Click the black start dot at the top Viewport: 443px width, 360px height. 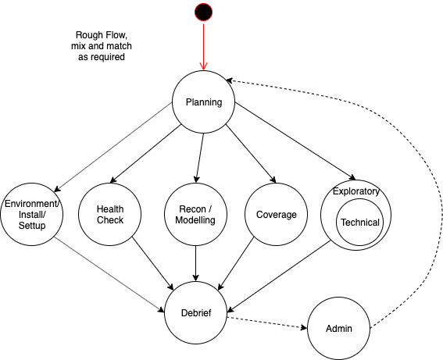pos(203,12)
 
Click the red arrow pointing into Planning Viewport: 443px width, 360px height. pos(203,47)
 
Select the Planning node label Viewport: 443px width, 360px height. pos(204,102)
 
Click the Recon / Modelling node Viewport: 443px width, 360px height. pos(195,214)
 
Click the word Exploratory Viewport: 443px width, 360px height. pos(356,191)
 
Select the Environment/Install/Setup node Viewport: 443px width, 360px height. pos(31,214)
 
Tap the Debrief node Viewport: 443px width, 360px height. pos(195,312)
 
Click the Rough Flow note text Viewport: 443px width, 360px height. pos(102,46)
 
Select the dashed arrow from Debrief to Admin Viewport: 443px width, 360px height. pos(267,323)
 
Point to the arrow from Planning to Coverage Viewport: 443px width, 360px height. pos(251,153)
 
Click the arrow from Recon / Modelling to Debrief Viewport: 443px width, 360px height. pos(195,263)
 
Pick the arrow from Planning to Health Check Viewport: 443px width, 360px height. pos(145,154)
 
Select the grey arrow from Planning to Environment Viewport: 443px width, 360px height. pos(113,147)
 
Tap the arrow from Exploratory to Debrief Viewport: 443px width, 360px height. pos(279,276)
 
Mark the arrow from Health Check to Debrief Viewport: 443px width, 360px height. pos(153,263)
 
